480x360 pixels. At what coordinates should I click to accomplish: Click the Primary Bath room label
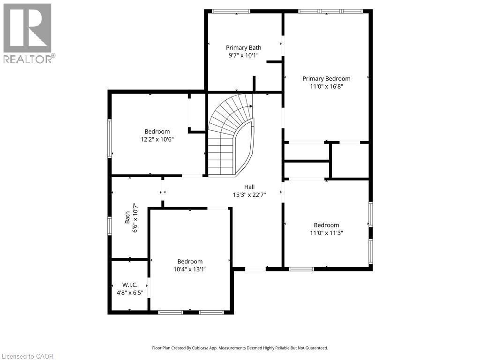coord(243,47)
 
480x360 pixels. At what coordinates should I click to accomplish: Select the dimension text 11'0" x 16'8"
coord(326,86)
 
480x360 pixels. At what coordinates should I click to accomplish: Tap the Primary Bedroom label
coord(326,78)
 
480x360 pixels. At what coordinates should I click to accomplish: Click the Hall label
coord(249,187)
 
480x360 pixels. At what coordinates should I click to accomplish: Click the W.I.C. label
coord(129,285)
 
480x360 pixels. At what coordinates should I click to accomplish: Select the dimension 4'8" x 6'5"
coord(129,292)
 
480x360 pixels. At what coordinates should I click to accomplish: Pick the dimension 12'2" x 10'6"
coord(157,139)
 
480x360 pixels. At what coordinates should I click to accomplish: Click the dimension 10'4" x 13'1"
coord(190,269)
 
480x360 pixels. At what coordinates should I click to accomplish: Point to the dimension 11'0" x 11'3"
coord(326,232)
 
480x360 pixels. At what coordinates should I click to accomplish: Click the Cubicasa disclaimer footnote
coord(240,348)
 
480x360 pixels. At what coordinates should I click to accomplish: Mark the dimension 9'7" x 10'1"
coord(243,55)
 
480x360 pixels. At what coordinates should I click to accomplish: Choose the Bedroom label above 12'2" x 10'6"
coord(157,131)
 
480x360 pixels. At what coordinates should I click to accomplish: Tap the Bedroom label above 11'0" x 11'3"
coord(326,225)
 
